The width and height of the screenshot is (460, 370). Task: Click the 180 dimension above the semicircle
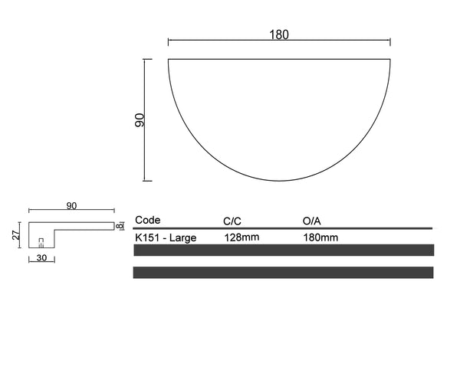[279, 34]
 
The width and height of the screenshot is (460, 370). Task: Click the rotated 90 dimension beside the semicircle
[140, 120]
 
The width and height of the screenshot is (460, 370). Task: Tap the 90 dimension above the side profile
[71, 206]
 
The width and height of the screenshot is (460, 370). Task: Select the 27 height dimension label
[16, 235]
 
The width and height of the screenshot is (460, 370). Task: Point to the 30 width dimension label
[41, 257]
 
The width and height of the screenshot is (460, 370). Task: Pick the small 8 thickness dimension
[120, 226]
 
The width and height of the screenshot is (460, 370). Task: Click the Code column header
[147, 220]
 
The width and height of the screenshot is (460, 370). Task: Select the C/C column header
[232, 221]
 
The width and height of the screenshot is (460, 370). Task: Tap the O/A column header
[312, 221]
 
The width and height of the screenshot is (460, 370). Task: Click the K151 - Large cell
[166, 237]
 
